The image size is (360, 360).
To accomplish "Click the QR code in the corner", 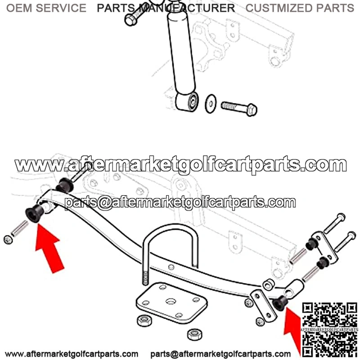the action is pos(330,330).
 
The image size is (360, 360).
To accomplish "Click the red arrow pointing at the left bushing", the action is pos(49,248).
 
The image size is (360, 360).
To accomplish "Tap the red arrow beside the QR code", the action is pos(292,331).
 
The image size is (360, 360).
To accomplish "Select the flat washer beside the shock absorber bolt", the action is pos(210,103).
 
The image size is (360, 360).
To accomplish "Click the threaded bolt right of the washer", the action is pos(239,109).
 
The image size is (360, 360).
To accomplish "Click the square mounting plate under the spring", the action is pos(171,302).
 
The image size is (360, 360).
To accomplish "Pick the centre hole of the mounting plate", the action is pos(171,301).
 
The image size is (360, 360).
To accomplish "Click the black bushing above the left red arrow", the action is pos(35,212).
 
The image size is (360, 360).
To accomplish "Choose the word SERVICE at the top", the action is pos(61,8).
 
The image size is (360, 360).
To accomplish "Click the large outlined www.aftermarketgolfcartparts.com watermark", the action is pos(181,165).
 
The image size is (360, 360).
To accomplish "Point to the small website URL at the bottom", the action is pos(72,354).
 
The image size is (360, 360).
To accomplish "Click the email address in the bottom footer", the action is pos(220,354).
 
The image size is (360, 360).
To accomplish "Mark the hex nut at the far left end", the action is pos(8,240).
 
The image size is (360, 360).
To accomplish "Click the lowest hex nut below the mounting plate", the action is pos(194,335).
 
